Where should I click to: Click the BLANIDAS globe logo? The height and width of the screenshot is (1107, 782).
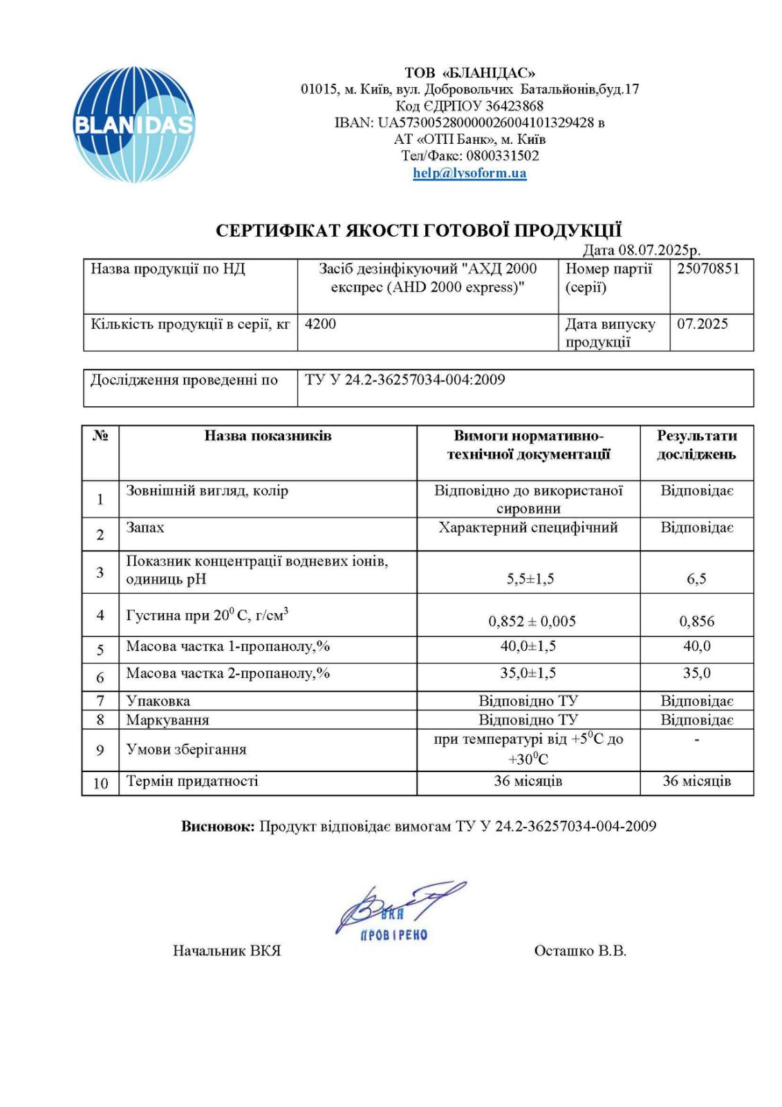tap(133, 125)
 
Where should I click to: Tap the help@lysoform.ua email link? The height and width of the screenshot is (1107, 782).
tap(469, 173)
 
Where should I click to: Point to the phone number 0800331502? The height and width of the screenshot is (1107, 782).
tap(502, 156)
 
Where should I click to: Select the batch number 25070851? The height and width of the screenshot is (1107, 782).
tap(708, 269)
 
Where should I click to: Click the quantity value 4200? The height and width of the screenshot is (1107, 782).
tap(320, 324)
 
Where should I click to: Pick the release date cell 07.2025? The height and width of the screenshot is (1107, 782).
tap(702, 324)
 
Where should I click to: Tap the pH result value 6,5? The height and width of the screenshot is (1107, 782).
tap(696, 579)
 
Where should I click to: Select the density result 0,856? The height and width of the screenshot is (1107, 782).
tap(696, 621)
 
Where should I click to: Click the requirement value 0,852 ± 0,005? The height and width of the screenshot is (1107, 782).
tap(532, 621)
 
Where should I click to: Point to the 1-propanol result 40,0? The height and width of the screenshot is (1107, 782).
tap(696, 646)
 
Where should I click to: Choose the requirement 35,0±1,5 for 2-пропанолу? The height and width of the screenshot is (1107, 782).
tap(528, 673)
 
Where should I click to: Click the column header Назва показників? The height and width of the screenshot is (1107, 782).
tap(268, 436)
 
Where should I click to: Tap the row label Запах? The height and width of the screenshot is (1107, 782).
tap(145, 528)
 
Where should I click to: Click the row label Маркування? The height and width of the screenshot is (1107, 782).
tap(167, 720)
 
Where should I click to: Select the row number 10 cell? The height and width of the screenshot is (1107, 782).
tap(100, 783)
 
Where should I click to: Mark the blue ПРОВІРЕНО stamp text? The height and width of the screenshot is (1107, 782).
tap(394, 935)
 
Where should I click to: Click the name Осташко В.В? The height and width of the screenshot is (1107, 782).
tap(579, 951)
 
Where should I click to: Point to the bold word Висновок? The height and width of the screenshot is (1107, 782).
tap(218, 826)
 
